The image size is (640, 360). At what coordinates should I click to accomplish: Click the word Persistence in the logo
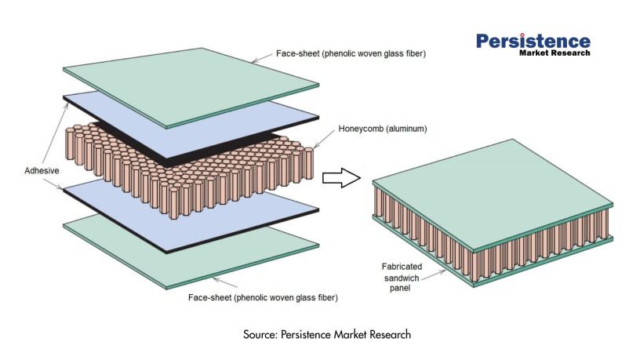(x=533, y=41)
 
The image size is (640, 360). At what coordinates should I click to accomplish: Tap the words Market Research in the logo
(x=554, y=53)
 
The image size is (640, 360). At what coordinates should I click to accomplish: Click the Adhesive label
(x=32, y=169)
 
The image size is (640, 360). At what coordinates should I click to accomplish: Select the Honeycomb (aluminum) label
(x=378, y=129)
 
